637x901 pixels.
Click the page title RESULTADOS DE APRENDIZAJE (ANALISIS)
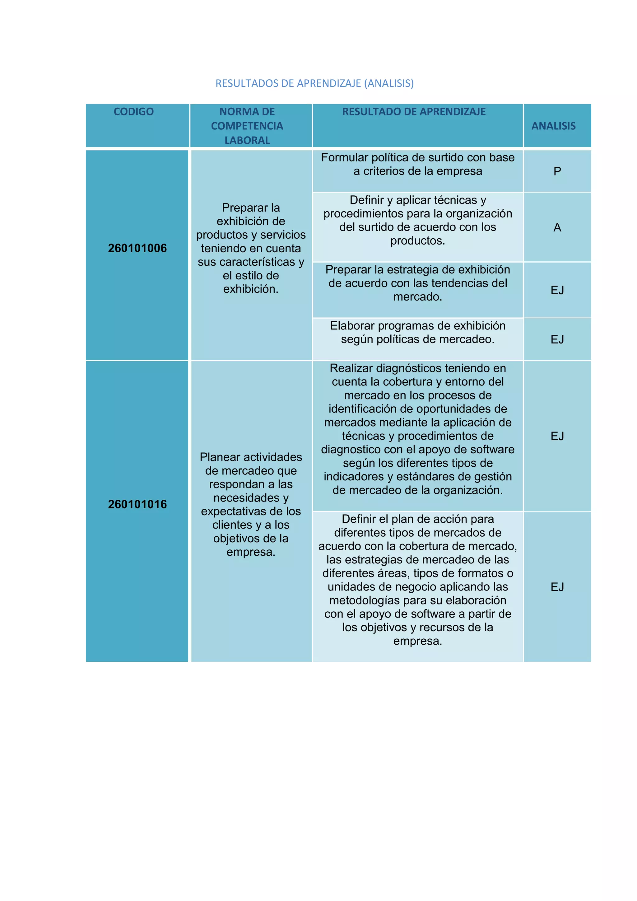314,83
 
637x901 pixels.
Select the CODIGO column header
134,112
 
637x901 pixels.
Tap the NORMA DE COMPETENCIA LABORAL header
247,126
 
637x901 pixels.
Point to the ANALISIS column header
553,126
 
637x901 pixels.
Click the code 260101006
137,248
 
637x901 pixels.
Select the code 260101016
137,504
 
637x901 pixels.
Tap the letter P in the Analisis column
557,171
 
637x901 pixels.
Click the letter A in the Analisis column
557,227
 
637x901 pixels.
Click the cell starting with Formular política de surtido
418,164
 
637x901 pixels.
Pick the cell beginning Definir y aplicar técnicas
418,220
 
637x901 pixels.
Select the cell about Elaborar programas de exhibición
418,332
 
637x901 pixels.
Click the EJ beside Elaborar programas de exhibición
557,339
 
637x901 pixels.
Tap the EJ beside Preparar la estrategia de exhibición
557,290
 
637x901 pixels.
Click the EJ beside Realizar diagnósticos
557,436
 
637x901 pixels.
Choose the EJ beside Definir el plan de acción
557,587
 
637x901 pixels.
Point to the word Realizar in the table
351,368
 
